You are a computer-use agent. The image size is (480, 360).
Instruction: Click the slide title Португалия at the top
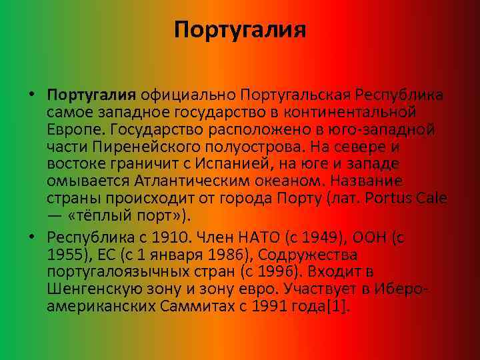click(x=240, y=30)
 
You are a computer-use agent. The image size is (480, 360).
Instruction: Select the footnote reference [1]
click(x=339, y=307)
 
